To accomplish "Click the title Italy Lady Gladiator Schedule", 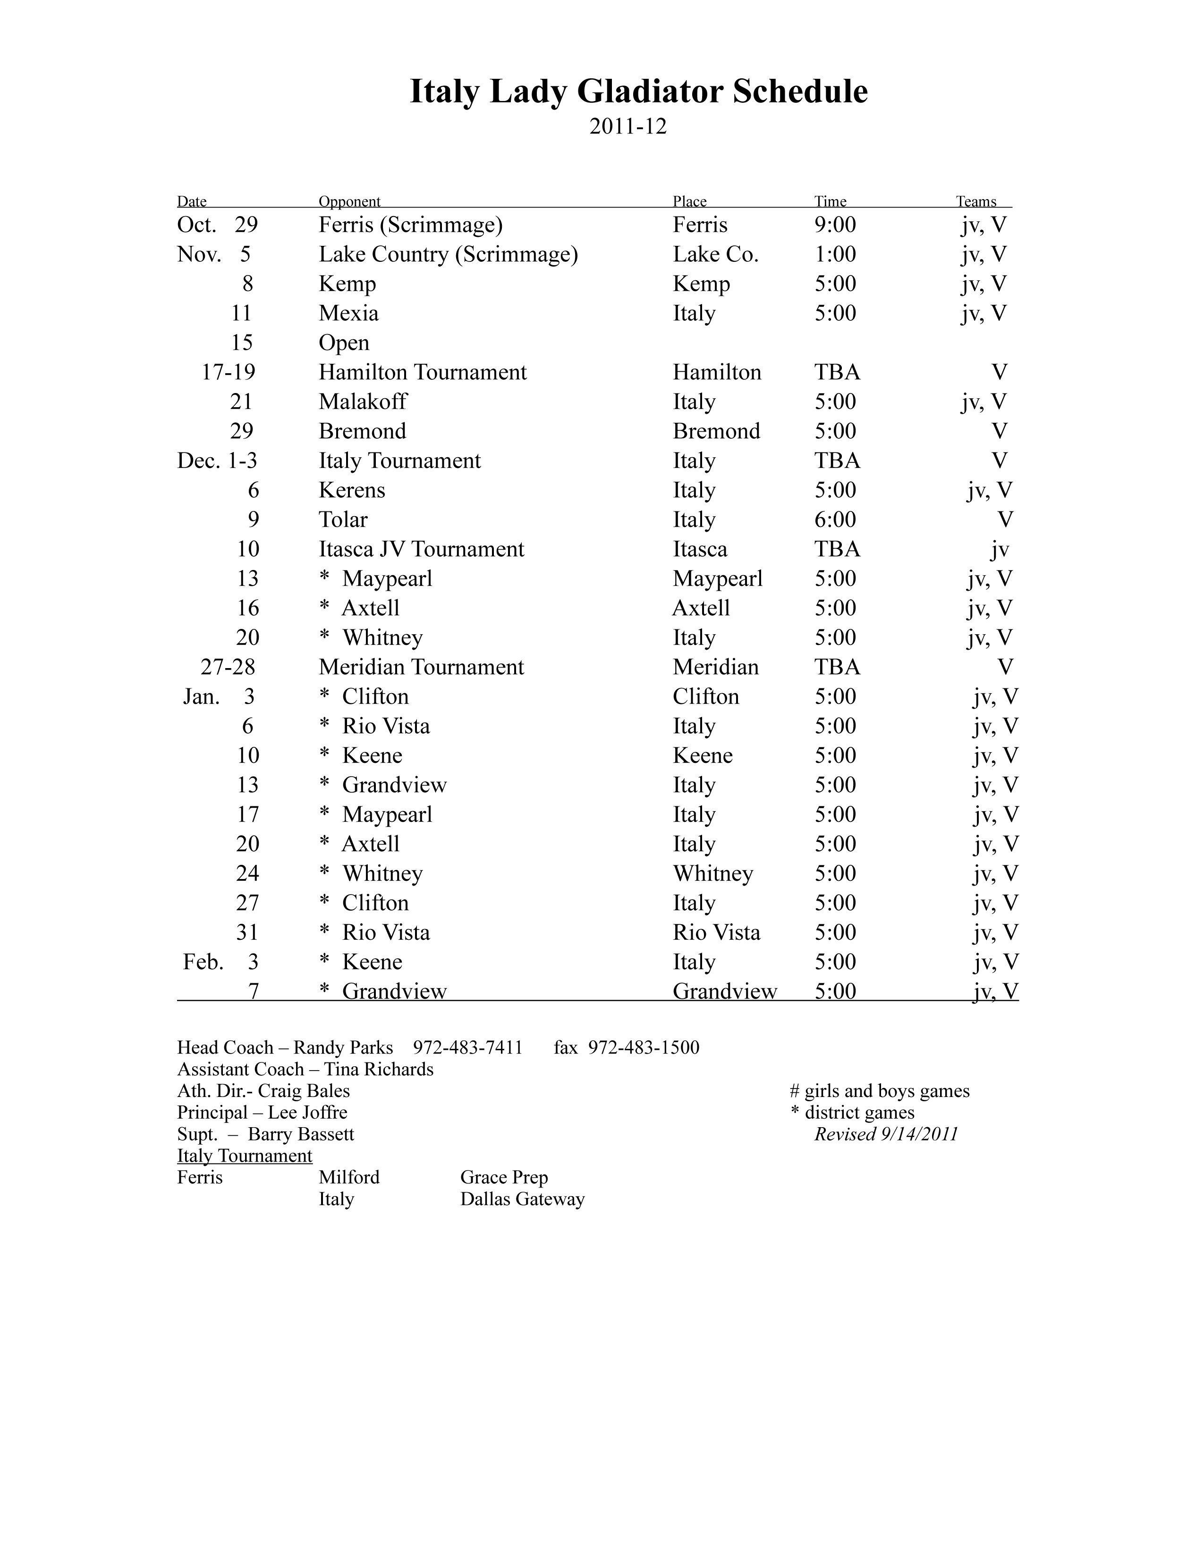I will (x=638, y=92).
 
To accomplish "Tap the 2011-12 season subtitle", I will (x=627, y=127).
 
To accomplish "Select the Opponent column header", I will (x=349, y=202).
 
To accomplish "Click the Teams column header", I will (x=976, y=202).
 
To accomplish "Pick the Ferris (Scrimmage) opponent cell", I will (x=410, y=225).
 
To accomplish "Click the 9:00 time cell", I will (x=835, y=225).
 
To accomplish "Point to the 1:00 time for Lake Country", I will (x=835, y=254).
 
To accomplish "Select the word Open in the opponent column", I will (x=344, y=343).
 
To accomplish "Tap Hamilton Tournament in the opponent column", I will (x=422, y=372).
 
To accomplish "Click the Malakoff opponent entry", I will (x=362, y=402).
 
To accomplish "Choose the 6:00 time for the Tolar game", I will (x=835, y=520).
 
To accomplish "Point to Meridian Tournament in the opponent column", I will (x=421, y=667).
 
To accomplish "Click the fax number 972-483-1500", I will (x=644, y=1048).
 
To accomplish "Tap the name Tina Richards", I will (x=378, y=1069).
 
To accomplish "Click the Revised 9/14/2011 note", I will (x=886, y=1134).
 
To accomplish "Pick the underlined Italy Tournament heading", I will (x=245, y=1155).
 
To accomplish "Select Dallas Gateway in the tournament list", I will (x=522, y=1199).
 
